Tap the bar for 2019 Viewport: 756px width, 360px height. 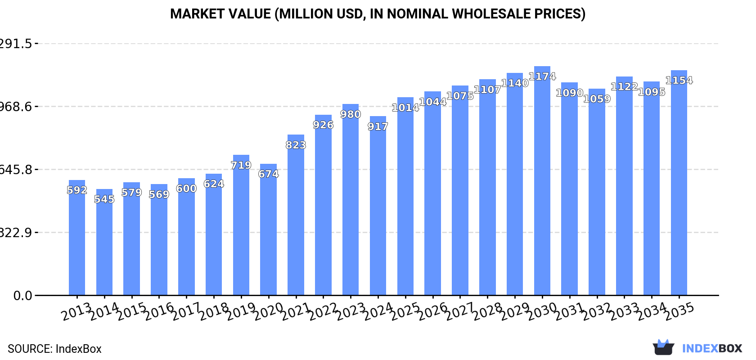pos(241,225)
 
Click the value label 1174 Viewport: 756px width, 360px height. pos(542,76)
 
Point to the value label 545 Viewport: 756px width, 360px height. pos(104,199)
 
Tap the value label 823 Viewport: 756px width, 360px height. pos(296,145)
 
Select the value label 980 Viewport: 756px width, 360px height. pos(351,115)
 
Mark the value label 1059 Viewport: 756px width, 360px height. pos(597,99)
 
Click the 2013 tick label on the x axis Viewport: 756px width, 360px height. pos(76,312)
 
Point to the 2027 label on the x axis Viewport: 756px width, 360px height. pos(460,312)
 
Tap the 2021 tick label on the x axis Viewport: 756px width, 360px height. pos(296,312)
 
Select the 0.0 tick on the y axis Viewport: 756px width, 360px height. pos(22,296)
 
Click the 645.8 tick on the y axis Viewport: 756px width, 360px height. pos(16,170)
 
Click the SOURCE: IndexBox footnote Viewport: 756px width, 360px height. pos(54,349)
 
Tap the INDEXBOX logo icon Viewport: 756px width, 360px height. pos(663,347)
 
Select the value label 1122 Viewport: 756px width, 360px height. pos(624,87)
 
